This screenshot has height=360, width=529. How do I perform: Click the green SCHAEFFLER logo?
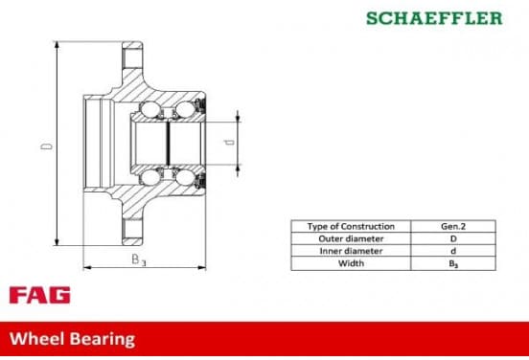(x=434, y=18)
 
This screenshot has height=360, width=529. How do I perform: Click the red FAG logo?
(x=40, y=295)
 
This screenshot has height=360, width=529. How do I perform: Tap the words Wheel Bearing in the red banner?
(x=72, y=339)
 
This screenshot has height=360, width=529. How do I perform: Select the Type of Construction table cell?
(x=351, y=226)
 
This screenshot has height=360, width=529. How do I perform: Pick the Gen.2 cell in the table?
(x=453, y=226)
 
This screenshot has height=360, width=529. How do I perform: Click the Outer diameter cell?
(x=351, y=238)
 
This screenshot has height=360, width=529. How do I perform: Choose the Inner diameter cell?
(x=351, y=251)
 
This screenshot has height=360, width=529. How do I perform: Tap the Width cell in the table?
(x=351, y=263)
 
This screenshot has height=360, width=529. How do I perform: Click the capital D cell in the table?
(x=453, y=238)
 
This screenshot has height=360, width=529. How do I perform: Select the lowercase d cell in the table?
(x=453, y=251)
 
